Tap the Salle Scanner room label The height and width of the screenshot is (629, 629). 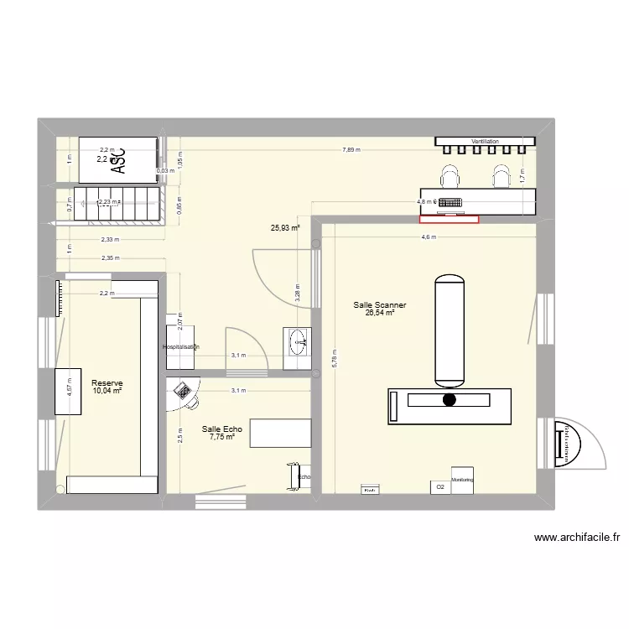pyautogui.click(x=380, y=306)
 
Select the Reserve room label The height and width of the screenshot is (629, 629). pyautogui.click(x=107, y=383)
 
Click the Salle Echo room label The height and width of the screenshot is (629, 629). pyautogui.click(x=221, y=429)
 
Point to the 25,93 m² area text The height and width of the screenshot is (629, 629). pyautogui.click(x=285, y=226)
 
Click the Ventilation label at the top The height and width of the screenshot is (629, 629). pyautogui.click(x=485, y=142)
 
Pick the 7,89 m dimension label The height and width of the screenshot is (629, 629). pyautogui.click(x=351, y=150)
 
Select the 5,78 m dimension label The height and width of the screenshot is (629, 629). pyautogui.click(x=334, y=358)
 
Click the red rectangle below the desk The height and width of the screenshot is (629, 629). pyautogui.click(x=449, y=220)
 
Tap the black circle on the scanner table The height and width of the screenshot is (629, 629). pyautogui.click(x=450, y=399)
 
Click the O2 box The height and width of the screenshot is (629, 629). pyautogui.click(x=439, y=486)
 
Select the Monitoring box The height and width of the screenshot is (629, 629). pyautogui.click(x=462, y=480)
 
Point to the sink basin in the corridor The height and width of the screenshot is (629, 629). pyautogui.click(x=298, y=340)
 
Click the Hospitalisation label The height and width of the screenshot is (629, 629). pyautogui.click(x=181, y=346)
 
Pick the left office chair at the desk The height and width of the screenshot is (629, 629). pyautogui.click(x=450, y=175)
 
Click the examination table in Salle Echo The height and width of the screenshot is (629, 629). pyautogui.click(x=280, y=434)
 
